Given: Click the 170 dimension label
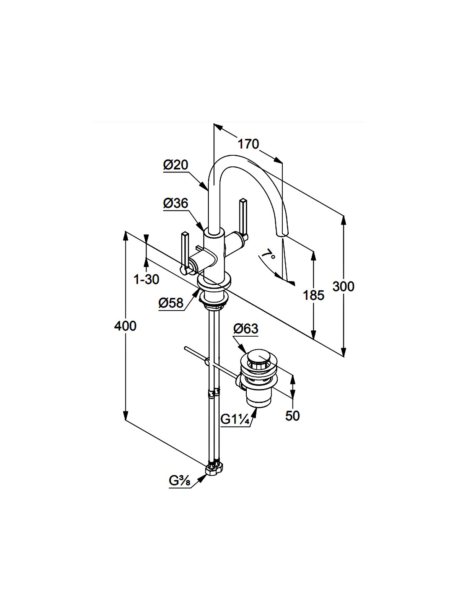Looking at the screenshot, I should [x=248, y=144].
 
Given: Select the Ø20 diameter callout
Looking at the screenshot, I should [x=176, y=165].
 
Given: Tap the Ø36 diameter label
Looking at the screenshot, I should [x=176, y=203].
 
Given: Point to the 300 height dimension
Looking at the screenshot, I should [x=343, y=286].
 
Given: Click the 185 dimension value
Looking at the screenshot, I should [x=313, y=295].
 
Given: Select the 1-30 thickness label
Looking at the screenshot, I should [x=146, y=280].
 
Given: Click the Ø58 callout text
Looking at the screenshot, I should [x=171, y=303].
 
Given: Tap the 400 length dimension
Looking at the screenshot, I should [x=125, y=326].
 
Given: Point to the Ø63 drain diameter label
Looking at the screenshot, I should [x=246, y=329].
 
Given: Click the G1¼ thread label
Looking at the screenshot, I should [x=235, y=420].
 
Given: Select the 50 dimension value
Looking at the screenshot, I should [x=292, y=416].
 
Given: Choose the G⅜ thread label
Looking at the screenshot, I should [x=180, y=481].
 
